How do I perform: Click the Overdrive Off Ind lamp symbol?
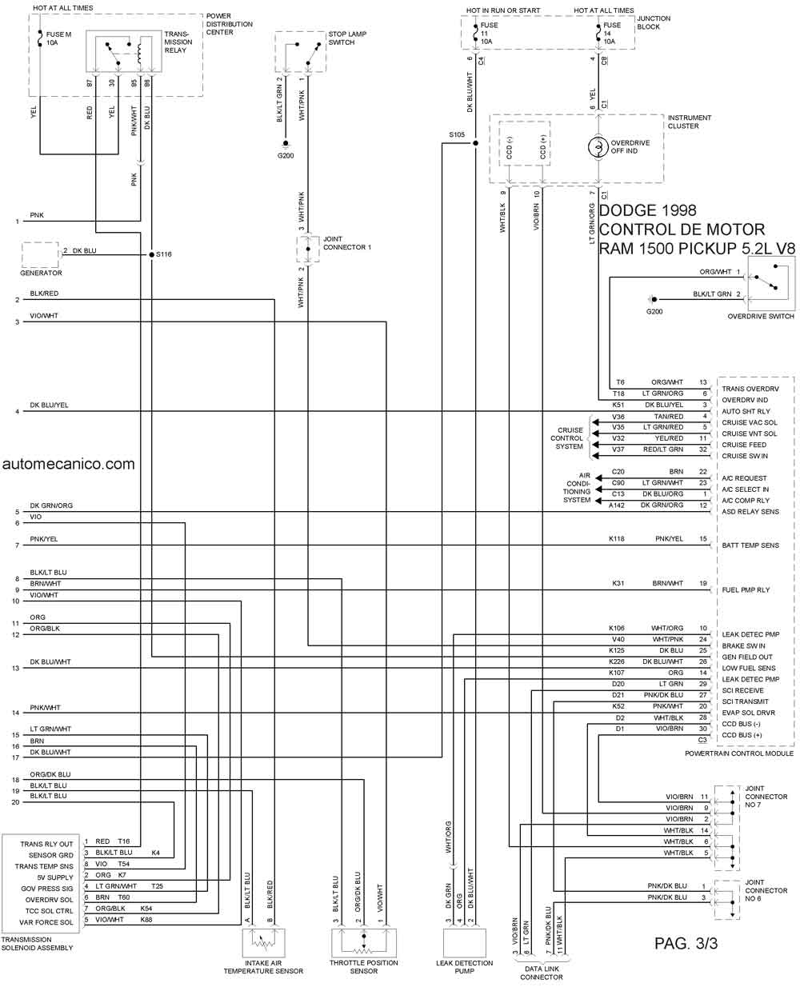coord(598,147)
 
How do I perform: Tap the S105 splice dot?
coord(475,143)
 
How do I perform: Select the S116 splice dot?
coord(151,254)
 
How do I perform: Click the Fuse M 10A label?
coord(58,38)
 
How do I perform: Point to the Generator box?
coord(40,254)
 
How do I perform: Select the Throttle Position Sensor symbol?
coord(363,942)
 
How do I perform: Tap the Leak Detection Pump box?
coord(465,942)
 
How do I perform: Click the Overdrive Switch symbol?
coord(770,285)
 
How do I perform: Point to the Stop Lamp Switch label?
coord(347,38)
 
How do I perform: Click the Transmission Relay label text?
coord(178,42)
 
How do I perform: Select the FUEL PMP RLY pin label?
coord(746,590)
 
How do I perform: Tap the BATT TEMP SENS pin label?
coord(750,545)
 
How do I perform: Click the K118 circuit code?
coord(616,538)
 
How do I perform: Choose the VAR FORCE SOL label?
coord(46,922)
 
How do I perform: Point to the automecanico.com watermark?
coord(69,464)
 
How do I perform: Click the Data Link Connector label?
coord(542,973)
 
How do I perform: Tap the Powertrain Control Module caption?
coord(739,753)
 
